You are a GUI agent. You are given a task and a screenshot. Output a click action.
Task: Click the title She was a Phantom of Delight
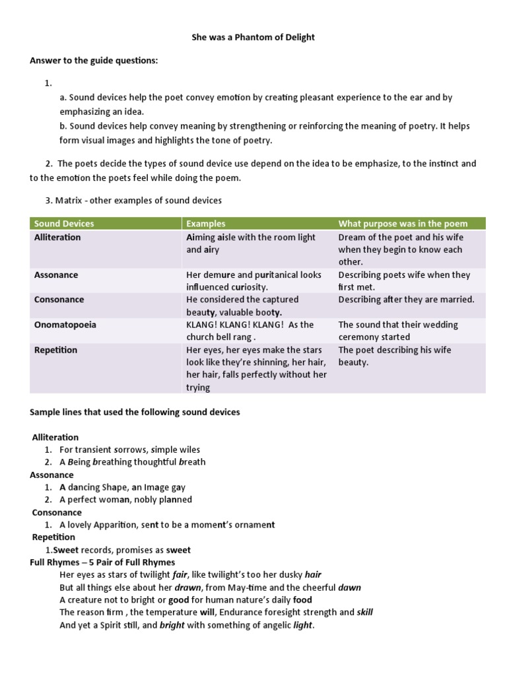point(253,37)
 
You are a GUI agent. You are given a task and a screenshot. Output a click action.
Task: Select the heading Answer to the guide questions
point(94,61)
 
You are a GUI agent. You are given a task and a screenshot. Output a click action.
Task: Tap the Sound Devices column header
point(64,224)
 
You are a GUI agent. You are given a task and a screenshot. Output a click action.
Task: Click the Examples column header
point(205,224)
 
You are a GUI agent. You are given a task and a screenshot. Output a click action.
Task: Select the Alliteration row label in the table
point(57,237)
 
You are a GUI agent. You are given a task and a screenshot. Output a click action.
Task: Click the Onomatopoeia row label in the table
point(63,325)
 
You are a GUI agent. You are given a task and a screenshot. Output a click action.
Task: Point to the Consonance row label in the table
point(59,300)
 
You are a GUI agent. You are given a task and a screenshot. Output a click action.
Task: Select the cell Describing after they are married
point(406,300)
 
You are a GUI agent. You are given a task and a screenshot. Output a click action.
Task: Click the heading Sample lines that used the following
point(135,412)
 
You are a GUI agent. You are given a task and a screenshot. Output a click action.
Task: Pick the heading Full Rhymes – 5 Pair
point(102,562)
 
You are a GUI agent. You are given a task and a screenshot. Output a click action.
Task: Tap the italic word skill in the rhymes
point(364,612)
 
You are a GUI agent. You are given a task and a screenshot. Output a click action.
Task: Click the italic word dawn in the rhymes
point(349,587)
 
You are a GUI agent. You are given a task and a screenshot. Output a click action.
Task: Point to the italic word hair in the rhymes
point(313,575)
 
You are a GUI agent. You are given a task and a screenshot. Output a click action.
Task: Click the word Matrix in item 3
point(69,200)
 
